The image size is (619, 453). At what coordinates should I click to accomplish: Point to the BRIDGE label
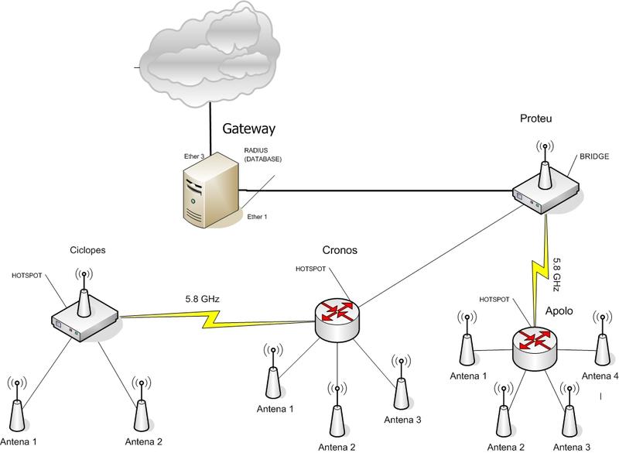[594, 157]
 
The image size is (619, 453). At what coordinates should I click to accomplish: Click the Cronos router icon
[338, 317]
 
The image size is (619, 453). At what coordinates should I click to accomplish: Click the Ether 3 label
[194, 156]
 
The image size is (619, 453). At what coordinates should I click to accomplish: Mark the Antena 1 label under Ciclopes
[20, 442]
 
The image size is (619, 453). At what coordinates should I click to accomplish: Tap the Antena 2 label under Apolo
[507, 447]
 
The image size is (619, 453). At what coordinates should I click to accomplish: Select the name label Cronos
[340, 250]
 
